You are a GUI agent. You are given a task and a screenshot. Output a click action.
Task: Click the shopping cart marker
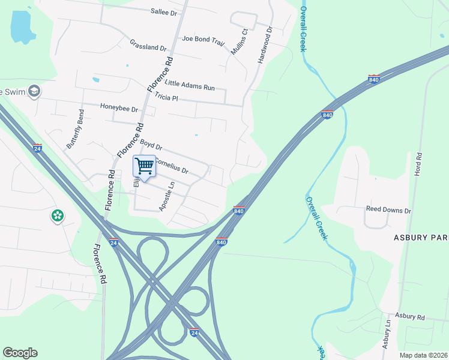144,166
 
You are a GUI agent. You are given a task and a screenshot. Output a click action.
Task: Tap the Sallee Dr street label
164,12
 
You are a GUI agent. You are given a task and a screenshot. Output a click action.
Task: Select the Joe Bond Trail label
203,40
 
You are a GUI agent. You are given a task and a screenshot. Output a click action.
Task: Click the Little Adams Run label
190,86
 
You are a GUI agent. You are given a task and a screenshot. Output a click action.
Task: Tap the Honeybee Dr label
119,109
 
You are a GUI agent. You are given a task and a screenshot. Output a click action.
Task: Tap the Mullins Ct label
238,41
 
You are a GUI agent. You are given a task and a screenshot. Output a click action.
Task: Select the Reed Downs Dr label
388,211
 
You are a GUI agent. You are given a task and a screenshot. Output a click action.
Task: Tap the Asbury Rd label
410,316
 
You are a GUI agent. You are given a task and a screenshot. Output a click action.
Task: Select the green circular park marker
58,215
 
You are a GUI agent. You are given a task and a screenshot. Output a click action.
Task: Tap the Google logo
20,353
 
